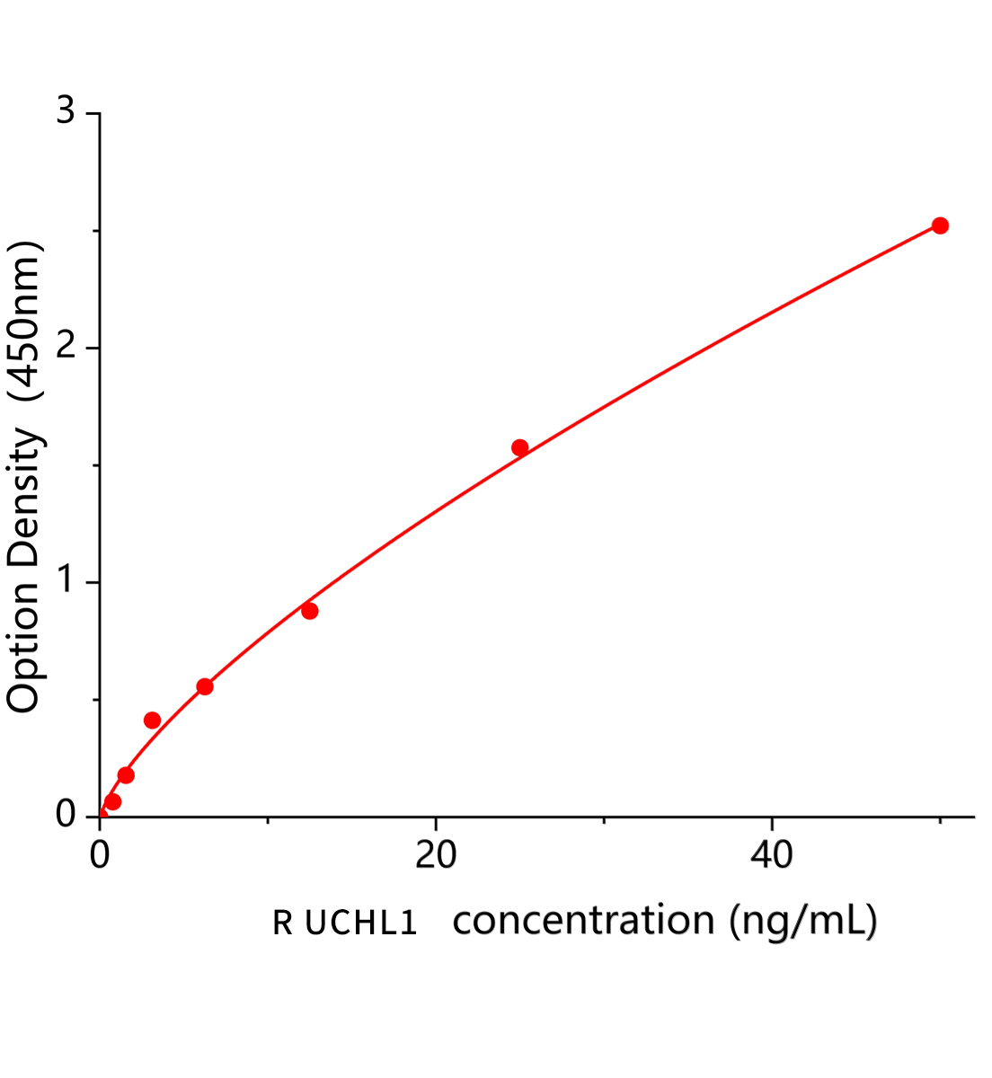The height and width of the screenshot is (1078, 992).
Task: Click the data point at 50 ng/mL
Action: click(940, 225)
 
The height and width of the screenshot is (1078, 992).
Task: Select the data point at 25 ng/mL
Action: click(519, 447)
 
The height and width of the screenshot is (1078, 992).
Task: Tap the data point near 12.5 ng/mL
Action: click(310, 611)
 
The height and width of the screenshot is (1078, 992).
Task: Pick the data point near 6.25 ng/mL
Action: click(205, 686)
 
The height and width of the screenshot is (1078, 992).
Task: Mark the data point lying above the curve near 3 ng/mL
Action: click(153, 720)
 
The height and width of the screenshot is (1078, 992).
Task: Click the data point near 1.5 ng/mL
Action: click(126, 775)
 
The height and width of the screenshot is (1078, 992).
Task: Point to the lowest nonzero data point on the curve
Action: click(112, 801)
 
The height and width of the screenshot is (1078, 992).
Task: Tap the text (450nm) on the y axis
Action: click(23, 322)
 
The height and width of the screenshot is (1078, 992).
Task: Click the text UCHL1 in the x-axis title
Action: click(360, 923)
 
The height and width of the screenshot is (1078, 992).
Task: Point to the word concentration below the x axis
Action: click(584, 921)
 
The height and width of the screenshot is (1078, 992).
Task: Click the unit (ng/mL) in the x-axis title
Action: click(802, 922)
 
